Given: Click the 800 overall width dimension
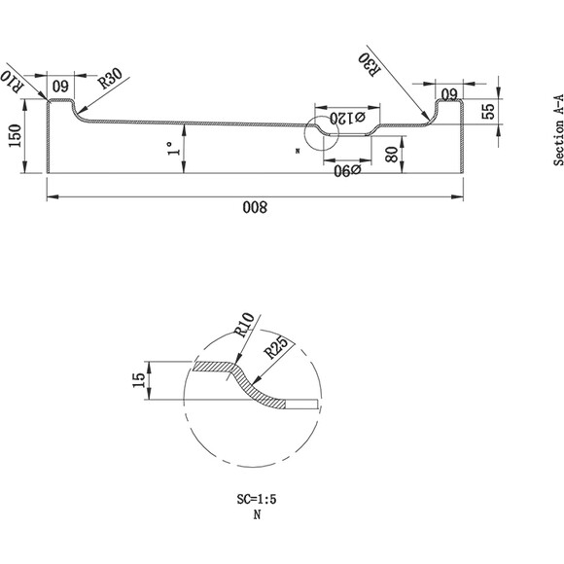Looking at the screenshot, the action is (255, 207).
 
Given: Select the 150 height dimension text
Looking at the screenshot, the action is (16, 135).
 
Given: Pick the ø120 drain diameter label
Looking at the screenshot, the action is (347, 118).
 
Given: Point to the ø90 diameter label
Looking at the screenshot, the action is (347, 170).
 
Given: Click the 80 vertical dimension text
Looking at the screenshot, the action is (391, 155).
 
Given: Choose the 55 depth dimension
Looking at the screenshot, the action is (488, 111).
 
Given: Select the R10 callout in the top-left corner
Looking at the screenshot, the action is (12, 82).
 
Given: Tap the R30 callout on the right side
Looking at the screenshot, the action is (370, 64).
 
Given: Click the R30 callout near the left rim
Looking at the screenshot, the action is (111, 79).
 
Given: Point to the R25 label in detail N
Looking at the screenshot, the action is (276, 347).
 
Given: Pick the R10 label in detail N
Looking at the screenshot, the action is (244, 325).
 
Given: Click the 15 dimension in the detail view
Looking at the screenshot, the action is (139, 380).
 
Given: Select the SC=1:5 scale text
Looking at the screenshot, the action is (257, 499).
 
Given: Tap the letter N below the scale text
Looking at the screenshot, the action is (257, 515).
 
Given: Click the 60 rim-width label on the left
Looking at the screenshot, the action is (60, 87).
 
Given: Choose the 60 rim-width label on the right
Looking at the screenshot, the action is (449, 94).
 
